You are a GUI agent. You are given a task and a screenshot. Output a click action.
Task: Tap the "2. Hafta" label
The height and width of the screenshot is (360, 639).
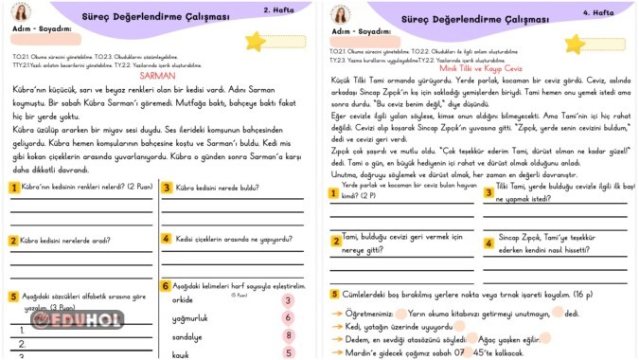[277, 10]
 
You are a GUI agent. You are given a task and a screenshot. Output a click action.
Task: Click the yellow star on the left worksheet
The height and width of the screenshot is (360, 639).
[255, 41]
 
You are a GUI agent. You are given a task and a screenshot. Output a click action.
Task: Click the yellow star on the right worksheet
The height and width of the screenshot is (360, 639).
[575, 44]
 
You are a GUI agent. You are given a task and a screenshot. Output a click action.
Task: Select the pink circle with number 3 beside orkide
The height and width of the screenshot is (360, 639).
[288, 300]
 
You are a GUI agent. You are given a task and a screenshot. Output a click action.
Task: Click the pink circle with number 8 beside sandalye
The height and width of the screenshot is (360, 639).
[288, 336]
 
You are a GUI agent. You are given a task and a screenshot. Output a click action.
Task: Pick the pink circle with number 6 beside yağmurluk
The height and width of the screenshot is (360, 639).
[288, 318]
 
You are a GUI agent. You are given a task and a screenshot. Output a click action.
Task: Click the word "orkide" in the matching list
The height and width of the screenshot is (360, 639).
[183, 300]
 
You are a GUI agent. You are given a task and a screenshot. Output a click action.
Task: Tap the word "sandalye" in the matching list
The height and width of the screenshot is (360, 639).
[187, 336]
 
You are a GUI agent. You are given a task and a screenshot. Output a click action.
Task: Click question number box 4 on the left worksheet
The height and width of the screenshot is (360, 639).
[166, 239]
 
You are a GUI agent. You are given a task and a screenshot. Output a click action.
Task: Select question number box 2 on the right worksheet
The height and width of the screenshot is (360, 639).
[335, 241]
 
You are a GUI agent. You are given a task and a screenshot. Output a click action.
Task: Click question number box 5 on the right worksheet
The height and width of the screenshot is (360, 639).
[335, 295]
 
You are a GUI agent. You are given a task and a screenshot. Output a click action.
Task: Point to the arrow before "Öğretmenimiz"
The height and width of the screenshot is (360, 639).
[336, 312]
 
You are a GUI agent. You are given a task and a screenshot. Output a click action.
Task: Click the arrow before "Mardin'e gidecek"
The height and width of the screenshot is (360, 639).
[336, 352]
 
